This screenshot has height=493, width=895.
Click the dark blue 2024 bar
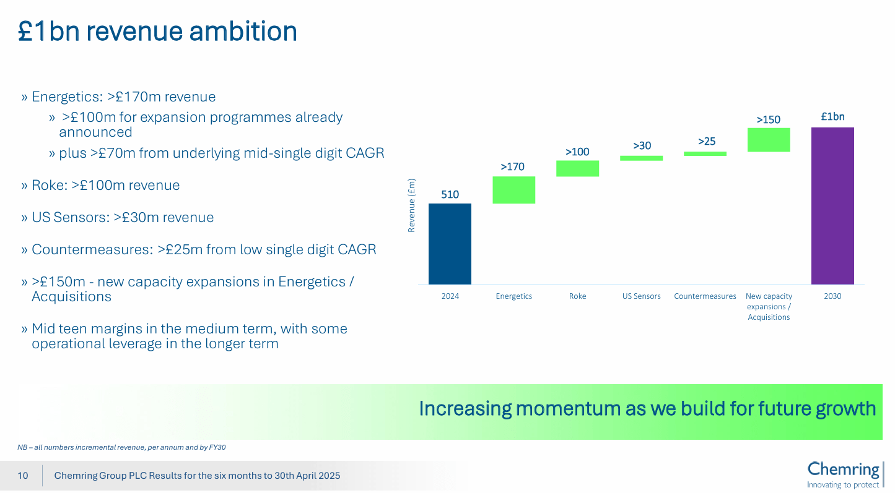tap(450, 244)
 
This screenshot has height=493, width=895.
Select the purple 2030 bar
tap(832, 206)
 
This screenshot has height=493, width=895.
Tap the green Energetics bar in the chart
tap(513, 190)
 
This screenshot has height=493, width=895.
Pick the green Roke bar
tap(577, 168)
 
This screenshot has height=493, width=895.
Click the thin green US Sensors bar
tap(641, 158)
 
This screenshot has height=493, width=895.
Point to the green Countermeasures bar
tap(705, 153)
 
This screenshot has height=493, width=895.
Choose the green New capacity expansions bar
tap(769, 140)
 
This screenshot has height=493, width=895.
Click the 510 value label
tap(450, 194)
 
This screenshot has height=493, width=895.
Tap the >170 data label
tap(512, 166)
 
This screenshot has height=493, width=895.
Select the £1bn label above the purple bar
tap(832, 116)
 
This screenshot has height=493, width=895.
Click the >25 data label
tap(707, 141)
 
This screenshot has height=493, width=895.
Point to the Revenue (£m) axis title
tap(411, 205)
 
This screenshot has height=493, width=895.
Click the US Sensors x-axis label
tap(642, 296)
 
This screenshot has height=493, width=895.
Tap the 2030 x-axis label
tap(832, 296)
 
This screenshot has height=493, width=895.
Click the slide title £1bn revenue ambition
tap(158, 31)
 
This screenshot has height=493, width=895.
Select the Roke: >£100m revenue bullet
tap(105, 186)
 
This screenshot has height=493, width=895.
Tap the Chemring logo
tap(844, 474)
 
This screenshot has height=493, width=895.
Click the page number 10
tap(23, 476)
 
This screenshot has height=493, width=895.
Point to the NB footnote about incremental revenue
tap(121, 447)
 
